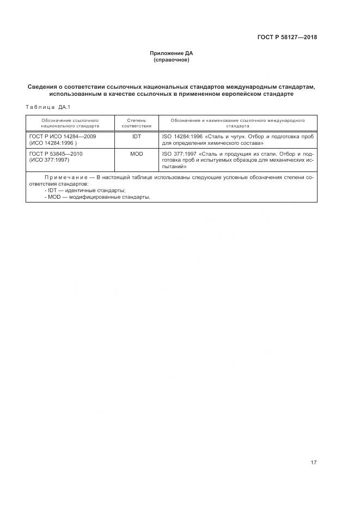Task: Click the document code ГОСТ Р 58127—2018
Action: [x=287, y=38]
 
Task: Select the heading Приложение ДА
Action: [x=172, y=53]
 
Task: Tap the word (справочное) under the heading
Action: [x=172, y=59]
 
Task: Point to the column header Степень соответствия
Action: [x=137, y=122]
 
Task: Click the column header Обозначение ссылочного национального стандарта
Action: [x=70, y=122]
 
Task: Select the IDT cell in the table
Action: [x=137, y=137]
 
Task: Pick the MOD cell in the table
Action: [x=137, y=154]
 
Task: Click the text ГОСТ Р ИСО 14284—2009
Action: [x=63, y=137]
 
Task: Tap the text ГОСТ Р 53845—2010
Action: [x=56, y=154]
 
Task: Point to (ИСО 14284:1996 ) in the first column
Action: [x=53, y=143]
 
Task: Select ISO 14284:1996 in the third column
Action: [x=182, y=137]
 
